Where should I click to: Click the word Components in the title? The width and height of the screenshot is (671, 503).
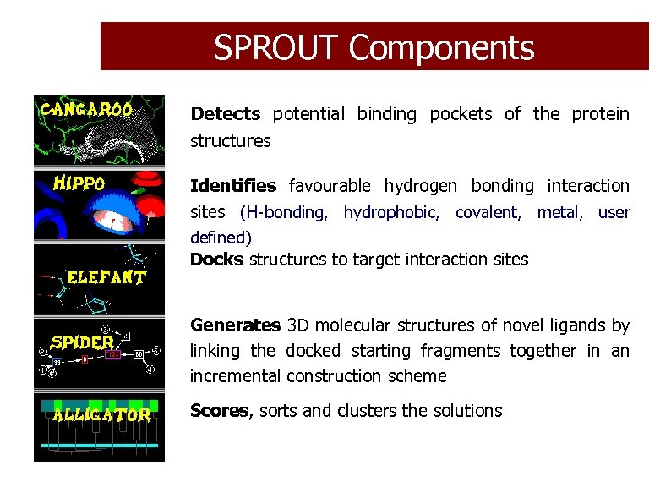coord(441,47)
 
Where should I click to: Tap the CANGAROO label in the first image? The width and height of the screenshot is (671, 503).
coord(87,109)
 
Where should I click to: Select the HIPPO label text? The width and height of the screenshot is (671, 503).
coord(79,183)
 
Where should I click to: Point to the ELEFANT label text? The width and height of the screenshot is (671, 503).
coord(106,276)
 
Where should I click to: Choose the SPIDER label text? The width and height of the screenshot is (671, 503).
coord(83,342)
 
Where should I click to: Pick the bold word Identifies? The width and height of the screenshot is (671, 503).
coord(233,186)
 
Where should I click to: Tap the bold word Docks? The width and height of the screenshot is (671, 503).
coord(217,260)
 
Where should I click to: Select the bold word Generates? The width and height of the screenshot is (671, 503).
coord(235,325)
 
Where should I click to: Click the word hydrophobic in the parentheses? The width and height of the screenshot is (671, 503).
coord(391,213)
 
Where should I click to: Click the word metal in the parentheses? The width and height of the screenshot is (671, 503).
coord(559,213)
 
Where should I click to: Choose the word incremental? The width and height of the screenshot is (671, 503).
coord(236,376)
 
